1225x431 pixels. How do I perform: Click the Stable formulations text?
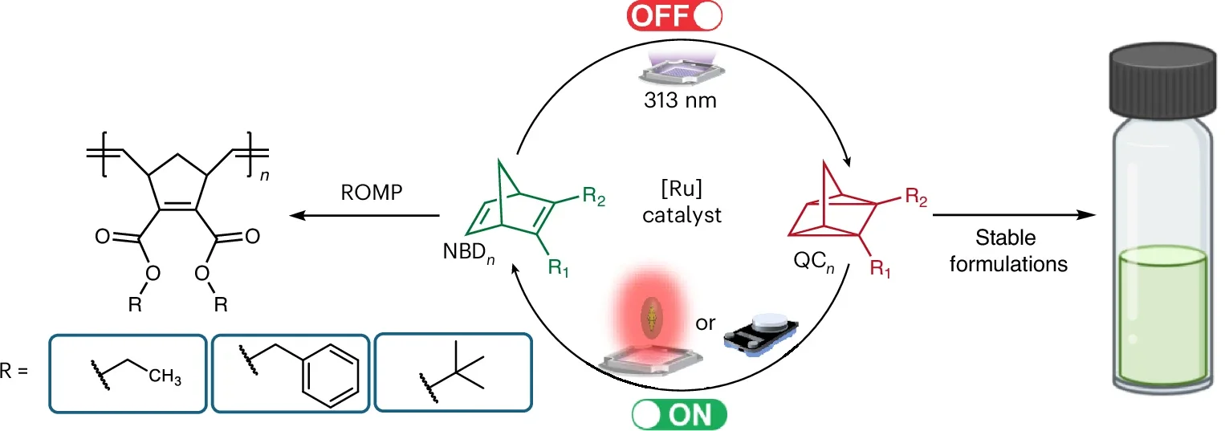tap(1008, 250)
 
